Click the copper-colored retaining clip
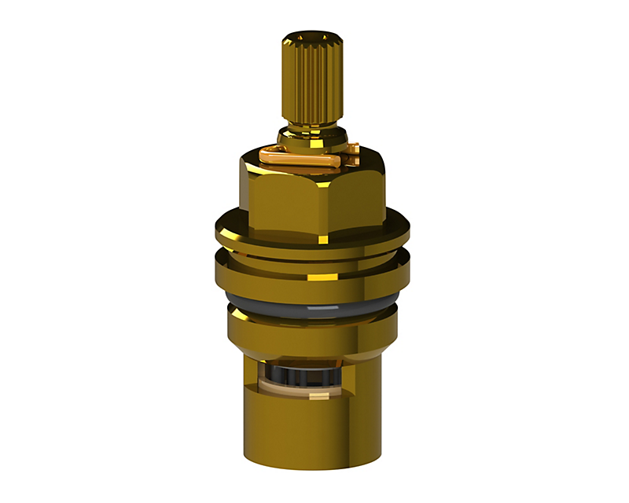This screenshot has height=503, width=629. coord(307,157)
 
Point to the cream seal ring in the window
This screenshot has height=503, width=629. coord(283,387)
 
